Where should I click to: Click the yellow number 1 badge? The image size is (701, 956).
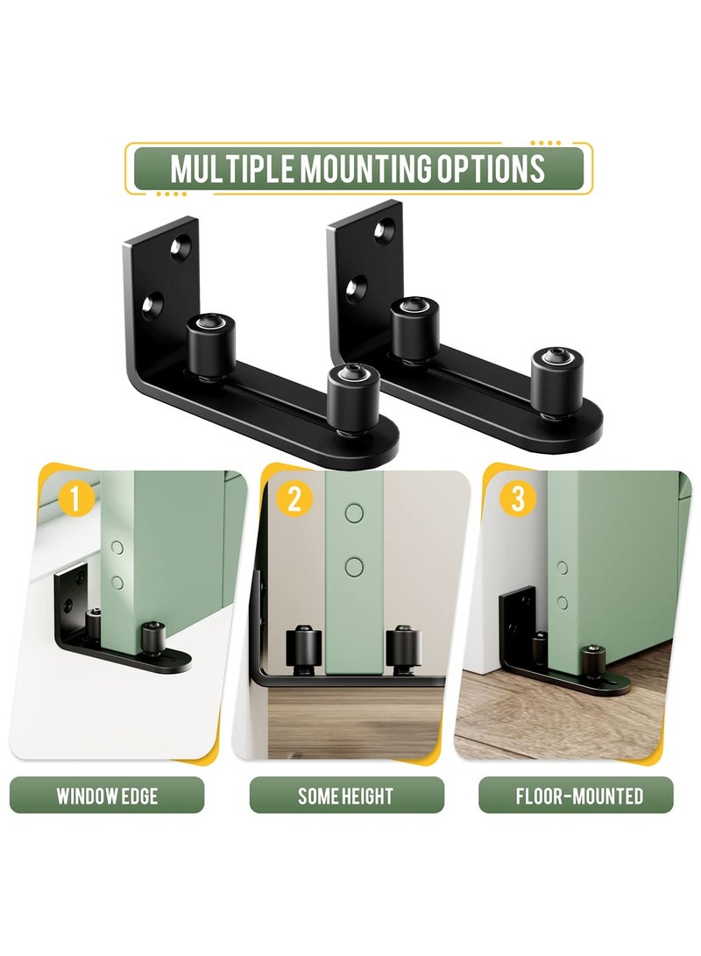(76, 500)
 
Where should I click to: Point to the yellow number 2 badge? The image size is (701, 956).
(294, 500)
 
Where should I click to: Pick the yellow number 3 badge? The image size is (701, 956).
(518, 500)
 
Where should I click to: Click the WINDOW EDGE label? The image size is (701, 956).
(107, 796)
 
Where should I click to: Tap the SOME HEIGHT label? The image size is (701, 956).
(346, 796)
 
